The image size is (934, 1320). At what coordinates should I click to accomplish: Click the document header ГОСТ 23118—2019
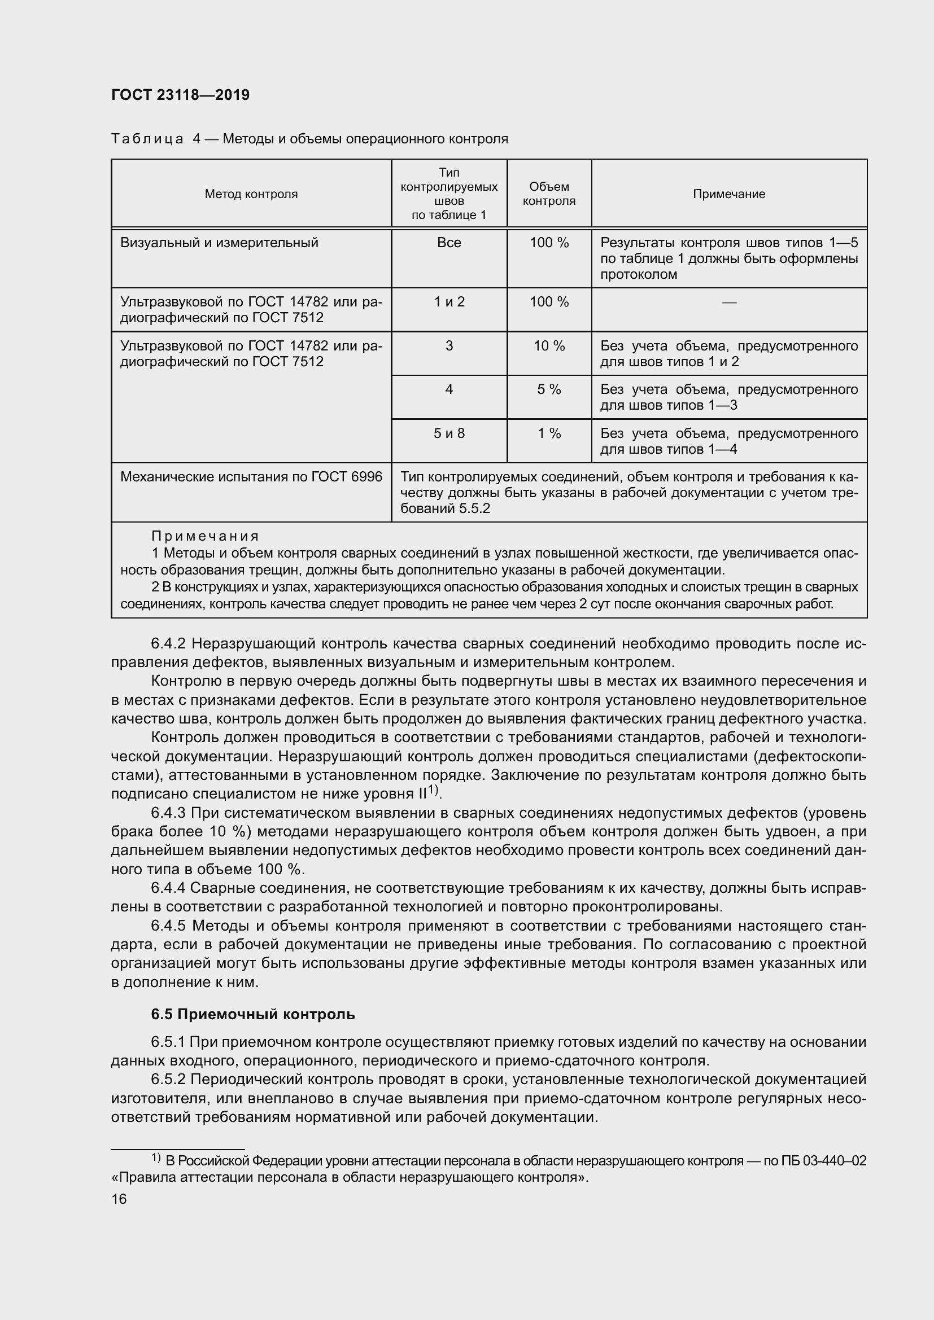tap(180, 95)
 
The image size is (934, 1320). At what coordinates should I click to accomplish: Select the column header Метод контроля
tap(251, 194)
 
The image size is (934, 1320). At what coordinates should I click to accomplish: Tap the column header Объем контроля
tap(549, 194)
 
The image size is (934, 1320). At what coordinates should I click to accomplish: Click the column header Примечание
tap(728, 194)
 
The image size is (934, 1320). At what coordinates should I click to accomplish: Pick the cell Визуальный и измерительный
tap(219, 243)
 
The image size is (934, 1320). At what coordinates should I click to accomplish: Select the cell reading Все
tap(449, 243)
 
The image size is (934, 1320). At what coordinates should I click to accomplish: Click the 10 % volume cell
tap(549, 346)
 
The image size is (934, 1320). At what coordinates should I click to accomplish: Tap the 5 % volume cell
tap(549, 390)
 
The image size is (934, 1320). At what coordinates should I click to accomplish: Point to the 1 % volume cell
tap(549, 433)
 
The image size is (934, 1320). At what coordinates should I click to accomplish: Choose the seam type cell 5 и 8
tap(449, 433)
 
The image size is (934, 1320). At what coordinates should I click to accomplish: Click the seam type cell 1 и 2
tap(449, 302)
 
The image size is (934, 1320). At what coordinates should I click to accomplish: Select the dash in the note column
tap(728, 302)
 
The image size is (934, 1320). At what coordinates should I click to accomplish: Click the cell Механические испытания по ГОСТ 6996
tap(251, 477)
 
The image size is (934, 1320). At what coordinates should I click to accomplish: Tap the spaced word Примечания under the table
tap(206, 536)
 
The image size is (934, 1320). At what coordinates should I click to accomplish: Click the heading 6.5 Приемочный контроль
tap(253, 1015)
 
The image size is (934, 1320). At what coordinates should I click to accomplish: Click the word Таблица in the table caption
tap(147, 139)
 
